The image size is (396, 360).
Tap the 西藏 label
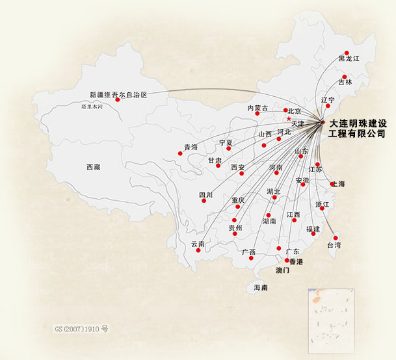(94, 167)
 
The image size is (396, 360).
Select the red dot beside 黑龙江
(347, 53)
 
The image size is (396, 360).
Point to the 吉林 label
(345, 82)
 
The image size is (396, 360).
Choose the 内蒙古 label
(257, 108)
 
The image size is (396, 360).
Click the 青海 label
(190, 148)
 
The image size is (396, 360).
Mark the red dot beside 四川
(204, 200)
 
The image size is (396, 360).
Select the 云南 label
(198, 244)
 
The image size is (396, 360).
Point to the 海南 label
(260, 287)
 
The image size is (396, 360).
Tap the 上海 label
(338, 184)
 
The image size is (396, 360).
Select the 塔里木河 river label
(92, 106)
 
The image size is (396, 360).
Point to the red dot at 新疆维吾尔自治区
(118, 100)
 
